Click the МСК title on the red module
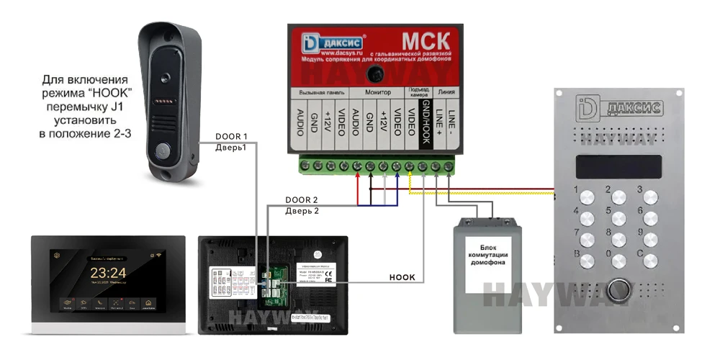coord(426,37)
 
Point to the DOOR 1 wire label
coord(231,136)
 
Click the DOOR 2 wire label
coord(300,199)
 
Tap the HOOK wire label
coord(402,276)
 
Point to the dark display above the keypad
coord(617,166)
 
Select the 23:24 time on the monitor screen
coord(108,273)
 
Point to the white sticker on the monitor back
coord(230,284)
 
